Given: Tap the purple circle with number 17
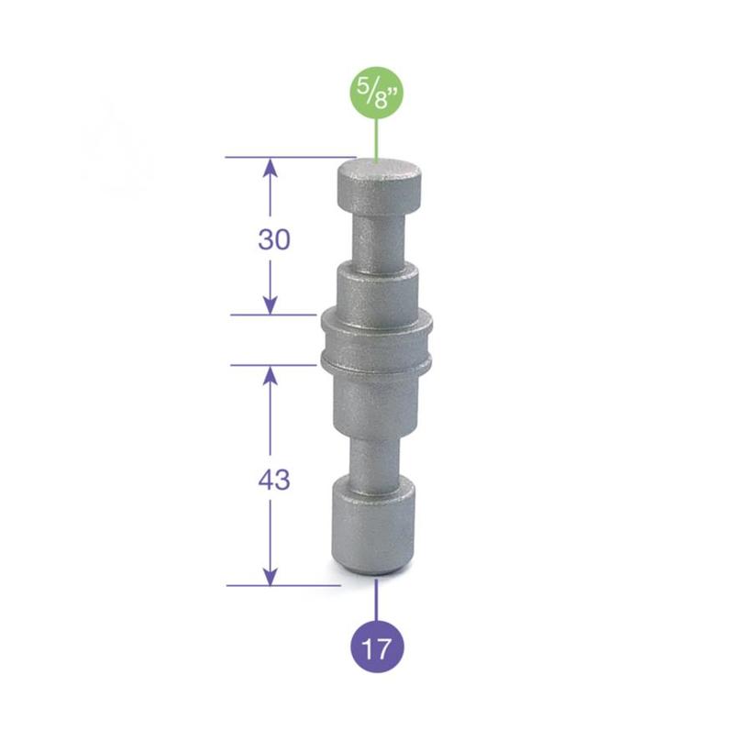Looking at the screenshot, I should coord(376,648).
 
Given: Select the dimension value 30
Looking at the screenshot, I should coord(274,239).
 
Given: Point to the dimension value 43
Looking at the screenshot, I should coord(274,479).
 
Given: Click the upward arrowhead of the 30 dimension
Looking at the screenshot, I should coord(270,166).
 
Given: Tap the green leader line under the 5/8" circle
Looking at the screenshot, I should coord(376,142).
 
